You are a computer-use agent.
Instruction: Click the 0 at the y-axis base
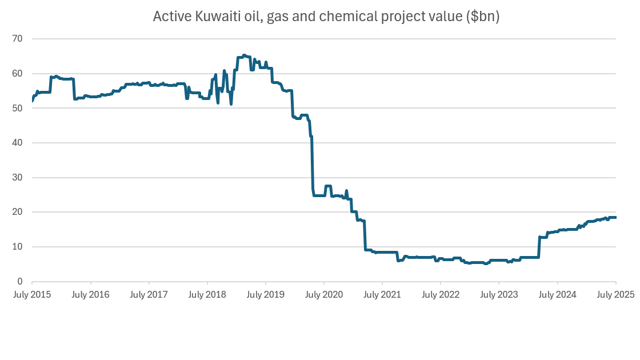tap(21, 282)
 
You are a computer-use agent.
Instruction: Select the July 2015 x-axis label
tap(32, 295)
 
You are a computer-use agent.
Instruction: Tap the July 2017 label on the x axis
tap(149, 295)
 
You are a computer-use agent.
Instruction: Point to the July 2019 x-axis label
tap(265, 295)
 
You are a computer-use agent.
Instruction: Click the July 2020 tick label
tap(323, 295)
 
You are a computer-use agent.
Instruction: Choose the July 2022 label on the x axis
tap(440, 295)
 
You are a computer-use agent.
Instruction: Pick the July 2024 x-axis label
tap(557, 295)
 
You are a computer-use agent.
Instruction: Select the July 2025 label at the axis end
tap(615, 295)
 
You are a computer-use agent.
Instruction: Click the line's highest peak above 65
tap(244, 55)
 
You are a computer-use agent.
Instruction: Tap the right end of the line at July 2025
tap(615, 217)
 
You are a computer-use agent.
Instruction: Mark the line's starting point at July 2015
tap(32, 101)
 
